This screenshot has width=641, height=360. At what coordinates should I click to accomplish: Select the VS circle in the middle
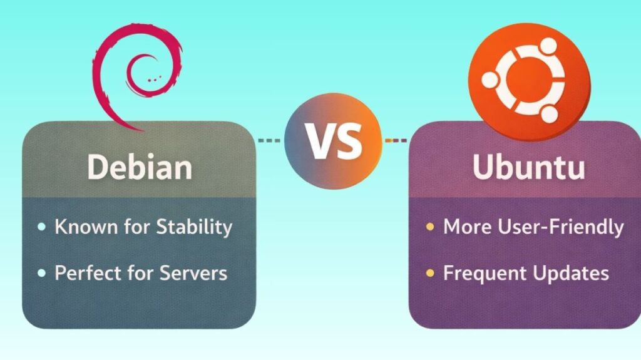332,140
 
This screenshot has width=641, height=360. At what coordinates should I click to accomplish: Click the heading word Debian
139,168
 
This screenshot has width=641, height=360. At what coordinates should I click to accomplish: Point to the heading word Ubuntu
529,168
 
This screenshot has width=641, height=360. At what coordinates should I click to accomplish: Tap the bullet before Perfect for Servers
41,274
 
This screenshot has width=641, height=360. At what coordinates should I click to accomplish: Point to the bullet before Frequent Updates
430,274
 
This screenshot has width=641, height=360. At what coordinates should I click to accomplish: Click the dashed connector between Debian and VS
270,140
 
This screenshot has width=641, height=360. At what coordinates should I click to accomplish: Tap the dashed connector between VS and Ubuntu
395,140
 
